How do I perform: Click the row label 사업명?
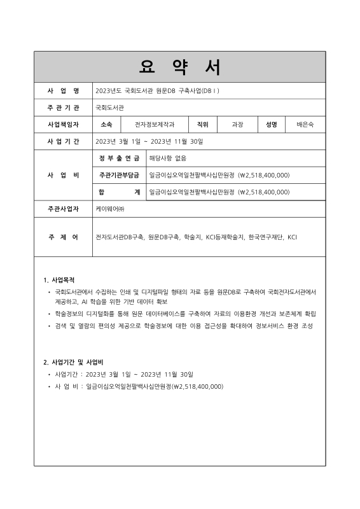pos(63,91)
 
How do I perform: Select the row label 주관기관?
pos(63,108)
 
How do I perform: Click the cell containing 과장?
pos(237,124)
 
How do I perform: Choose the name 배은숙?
pos(305,124)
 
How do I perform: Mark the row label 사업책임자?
pos(63,124)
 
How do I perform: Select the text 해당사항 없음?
pos(167,158)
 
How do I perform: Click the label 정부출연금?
pos(119,158)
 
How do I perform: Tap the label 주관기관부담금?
pos(119,174)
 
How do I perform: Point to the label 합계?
pos(119,191)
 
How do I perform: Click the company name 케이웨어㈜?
pos(111,208)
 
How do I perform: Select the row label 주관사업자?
pos(63,208)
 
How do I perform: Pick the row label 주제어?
pos(63,237)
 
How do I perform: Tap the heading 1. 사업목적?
pos(59,279)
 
